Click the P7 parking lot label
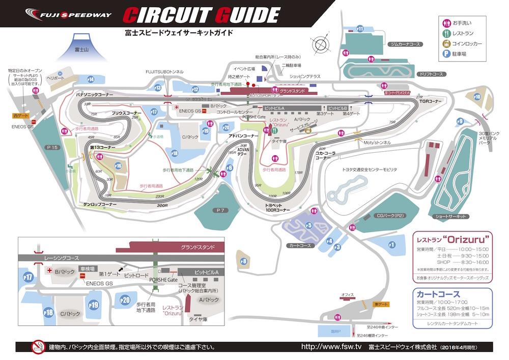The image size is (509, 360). [x=220, y=210]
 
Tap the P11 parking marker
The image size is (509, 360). [x=360, y=29]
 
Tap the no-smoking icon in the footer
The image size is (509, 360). [x=37, y=347]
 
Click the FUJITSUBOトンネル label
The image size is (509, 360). [x=164, y=72]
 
